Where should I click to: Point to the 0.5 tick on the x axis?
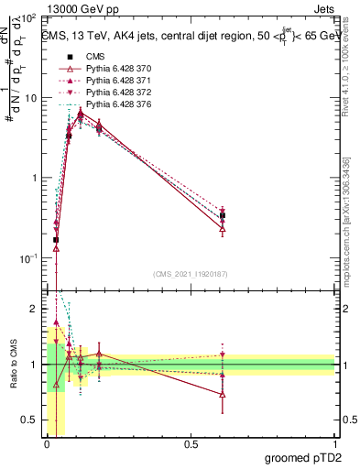click(x=191, y=444)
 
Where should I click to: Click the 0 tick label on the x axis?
click(x=47, y=444)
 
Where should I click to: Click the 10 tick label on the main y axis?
click(x=29, y=97)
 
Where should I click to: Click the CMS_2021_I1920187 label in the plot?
click(x=191, y=274)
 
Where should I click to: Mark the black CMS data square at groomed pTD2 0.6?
click(x=223, y=216)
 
